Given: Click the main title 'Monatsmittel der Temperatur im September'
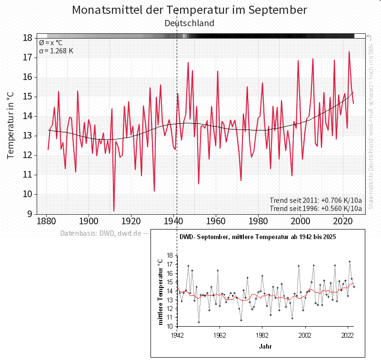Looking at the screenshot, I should pyautogui.click(x=190, y=10).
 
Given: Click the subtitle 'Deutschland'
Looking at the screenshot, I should pyautogui.click(x=190, y=23).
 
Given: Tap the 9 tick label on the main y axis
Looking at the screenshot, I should pyautogui.click(x=30, y=214).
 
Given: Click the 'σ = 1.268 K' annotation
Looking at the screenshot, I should pyautogui.click(x=56, y=51).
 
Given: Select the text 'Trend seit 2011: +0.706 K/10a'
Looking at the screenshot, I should pyautogui.click(x=316, y=200).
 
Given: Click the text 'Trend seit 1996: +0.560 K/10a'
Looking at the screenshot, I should pyautogui.click(x=316, y=208).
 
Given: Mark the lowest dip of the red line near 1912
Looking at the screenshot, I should pyautogui.click(x=114, y=210).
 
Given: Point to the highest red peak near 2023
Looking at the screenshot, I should pyautogui.click(x=349, y=52).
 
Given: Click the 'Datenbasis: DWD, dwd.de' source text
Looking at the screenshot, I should pyautogui.click(x=101, y=233).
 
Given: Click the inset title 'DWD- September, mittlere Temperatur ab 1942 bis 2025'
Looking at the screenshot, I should pyautogui.click(x=258, y=237).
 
